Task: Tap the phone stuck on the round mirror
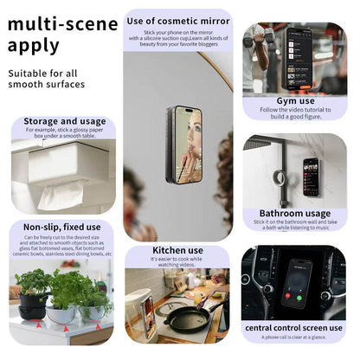183,138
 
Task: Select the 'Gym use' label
293,101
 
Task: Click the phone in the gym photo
299,57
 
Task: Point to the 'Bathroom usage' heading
295,213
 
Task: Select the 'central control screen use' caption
294,328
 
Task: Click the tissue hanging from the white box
60,196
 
